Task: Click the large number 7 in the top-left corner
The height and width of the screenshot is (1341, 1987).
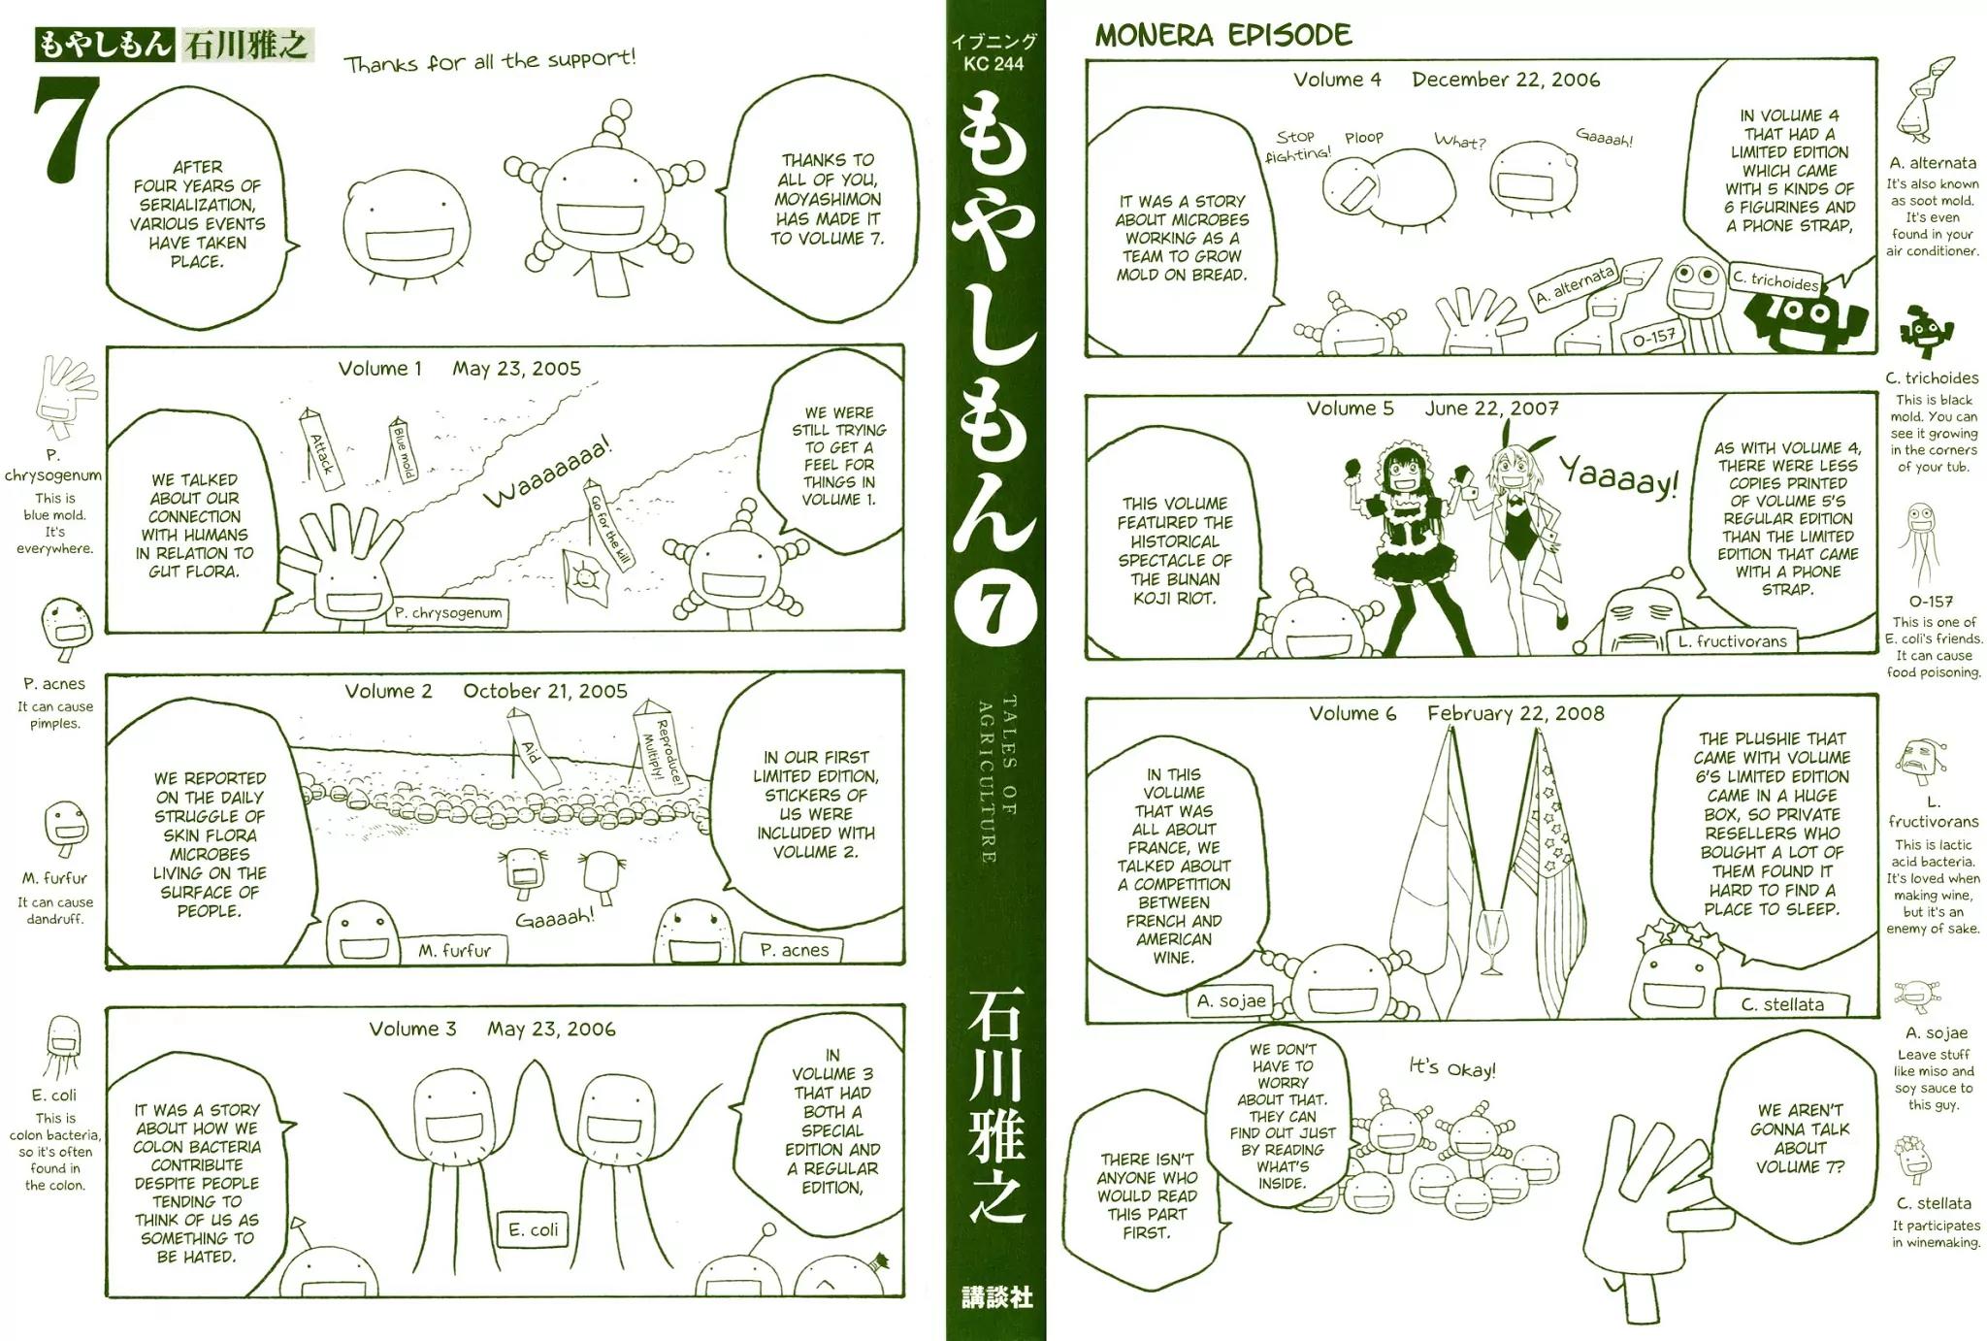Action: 65,131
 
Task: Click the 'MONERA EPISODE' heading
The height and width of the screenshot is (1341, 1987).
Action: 1222,36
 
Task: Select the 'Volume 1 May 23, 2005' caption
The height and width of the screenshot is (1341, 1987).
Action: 459,369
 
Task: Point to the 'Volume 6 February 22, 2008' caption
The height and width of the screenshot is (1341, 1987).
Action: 1456,713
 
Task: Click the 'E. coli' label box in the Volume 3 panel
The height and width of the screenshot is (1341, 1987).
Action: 534,1229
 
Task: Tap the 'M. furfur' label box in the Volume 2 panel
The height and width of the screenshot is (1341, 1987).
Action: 454,950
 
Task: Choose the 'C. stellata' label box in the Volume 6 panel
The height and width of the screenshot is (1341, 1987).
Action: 1781,1004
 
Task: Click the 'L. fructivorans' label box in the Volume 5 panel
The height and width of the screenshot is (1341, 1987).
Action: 1732,640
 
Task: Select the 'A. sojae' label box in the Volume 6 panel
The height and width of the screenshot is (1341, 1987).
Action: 1231,1000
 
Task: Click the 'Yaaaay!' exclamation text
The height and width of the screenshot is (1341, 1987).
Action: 1618,475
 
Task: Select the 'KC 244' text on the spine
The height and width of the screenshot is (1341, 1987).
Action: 994,64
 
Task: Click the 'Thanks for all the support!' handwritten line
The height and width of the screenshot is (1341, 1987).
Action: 490,61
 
